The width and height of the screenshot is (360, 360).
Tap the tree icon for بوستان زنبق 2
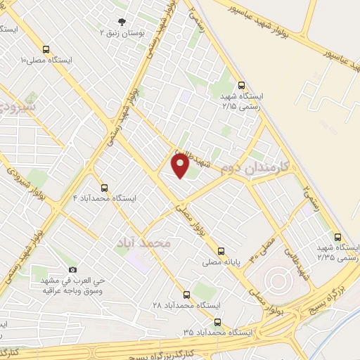[122, 22]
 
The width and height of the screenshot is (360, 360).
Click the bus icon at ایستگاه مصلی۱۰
[46, 49]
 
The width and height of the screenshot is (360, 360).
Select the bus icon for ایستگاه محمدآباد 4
[104, 188]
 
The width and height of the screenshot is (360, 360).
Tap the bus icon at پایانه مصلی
[221, 250]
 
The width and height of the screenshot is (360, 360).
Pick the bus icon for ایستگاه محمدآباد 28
[186, 295]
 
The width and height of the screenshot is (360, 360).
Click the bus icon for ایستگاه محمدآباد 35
[217, 321]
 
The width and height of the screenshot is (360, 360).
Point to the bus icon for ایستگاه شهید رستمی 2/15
[242, 83]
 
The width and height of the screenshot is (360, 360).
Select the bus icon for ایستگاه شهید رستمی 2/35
[338, 237]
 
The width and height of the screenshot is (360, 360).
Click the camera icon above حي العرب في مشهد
[72, 269]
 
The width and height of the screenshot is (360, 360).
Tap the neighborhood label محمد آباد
[146, 243]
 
